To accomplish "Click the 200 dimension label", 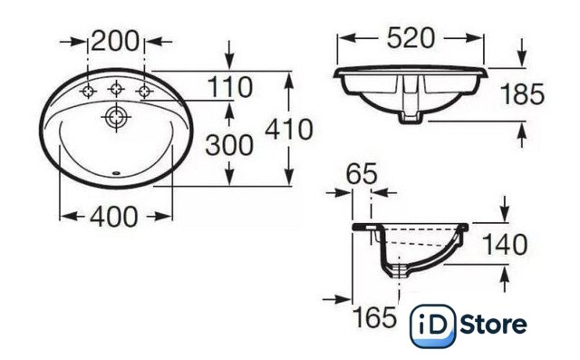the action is (x=115, y=41).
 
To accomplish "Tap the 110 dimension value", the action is (x=229, y=87).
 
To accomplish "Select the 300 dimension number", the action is (x=229, y=145).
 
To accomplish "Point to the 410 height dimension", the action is (x=289, y=129).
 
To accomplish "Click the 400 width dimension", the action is (x=114, y=217).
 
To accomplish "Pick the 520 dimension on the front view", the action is (x=411, y=38).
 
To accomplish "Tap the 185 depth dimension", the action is (x=522, y=94).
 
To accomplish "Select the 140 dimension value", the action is (x=505, y=245).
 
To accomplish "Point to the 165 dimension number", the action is (x=374, y=317).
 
